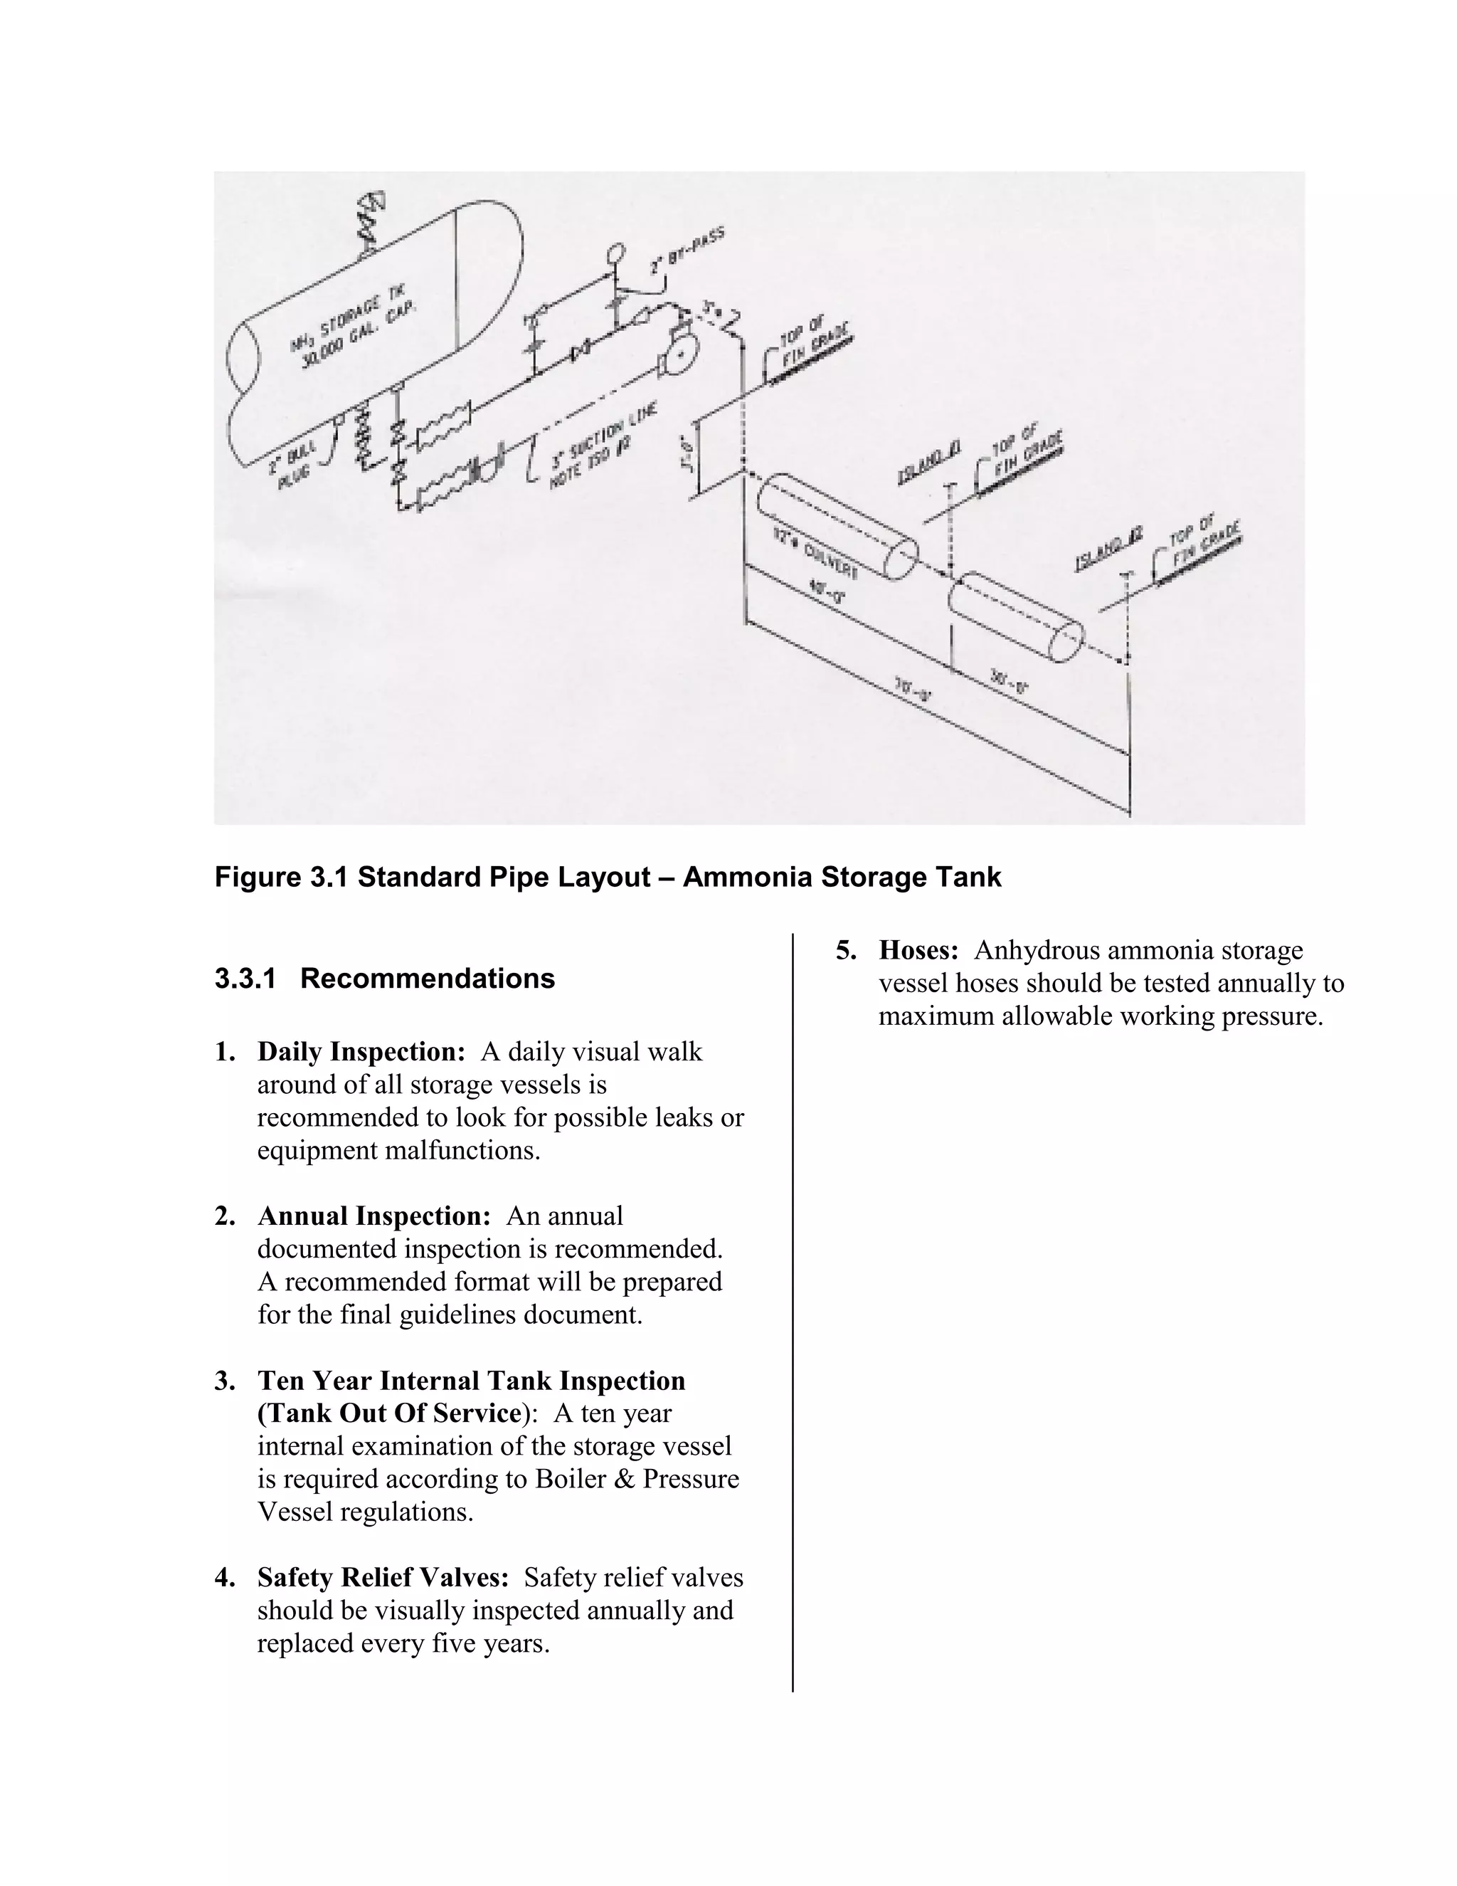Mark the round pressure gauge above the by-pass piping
click(615, 254)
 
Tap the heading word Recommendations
click(428, 979)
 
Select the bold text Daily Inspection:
click(361, 1052)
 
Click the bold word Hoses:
click(918, 950)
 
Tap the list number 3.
click(223, 1381)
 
